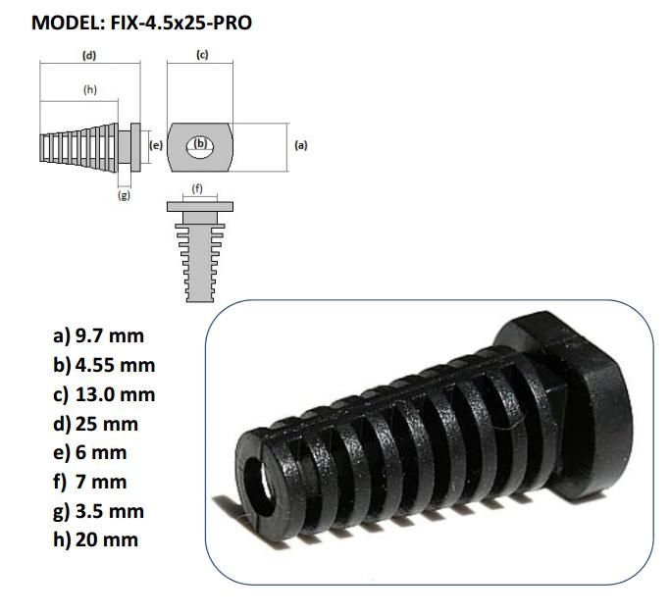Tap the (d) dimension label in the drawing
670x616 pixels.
click(x=89, y=55)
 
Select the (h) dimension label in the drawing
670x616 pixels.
click(x=90, y=89)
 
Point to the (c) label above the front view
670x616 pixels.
click(x=203, y=55)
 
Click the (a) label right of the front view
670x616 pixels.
click(x=301, y=144)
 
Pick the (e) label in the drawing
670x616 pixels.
click(x=155, y=144)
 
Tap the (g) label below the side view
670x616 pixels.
click(x=125, y=195)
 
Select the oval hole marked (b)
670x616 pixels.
click(x=200, y=143)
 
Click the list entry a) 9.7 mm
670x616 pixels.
click(x=98, y=335)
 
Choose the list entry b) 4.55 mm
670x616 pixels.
click(x=103, y=365)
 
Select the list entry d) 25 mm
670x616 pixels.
click(x=95, y=424)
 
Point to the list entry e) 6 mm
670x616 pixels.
click(x=90, y=453)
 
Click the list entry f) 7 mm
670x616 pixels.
click(x=90, y=482)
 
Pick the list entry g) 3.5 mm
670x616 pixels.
click(x=98, y=511)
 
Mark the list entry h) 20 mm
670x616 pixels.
click(x=95, y=539)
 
